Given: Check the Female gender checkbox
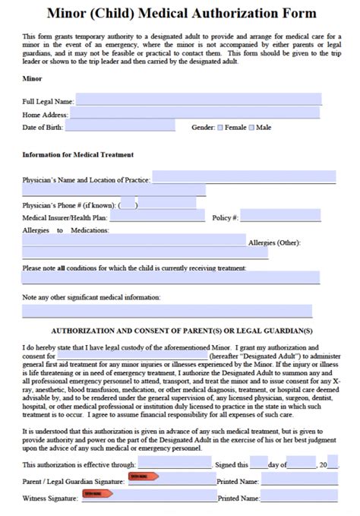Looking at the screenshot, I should (220, 128).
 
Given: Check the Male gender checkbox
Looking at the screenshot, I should (252, 128).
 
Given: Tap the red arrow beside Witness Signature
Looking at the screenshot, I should (98, 494).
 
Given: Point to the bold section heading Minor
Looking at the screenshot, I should (33, 78).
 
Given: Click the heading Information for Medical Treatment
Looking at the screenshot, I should (78, 155).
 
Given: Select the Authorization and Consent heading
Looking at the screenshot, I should (181, 331).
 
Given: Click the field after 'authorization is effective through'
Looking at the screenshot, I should (174, 464).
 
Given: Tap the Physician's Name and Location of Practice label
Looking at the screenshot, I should (87, 180).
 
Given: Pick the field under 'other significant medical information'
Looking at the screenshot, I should (167, 310).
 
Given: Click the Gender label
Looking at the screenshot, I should (203, 128).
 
